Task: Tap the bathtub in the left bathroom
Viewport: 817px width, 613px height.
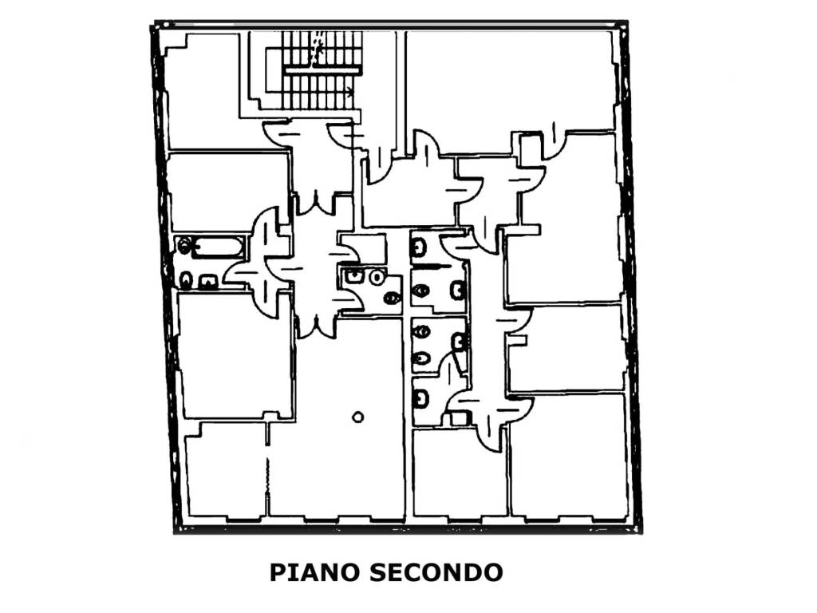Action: (215, 247)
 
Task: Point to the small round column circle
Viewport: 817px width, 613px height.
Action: (358, 416)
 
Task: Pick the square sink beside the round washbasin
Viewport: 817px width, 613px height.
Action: (353, 276)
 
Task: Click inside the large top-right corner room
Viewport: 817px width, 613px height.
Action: (511, 80)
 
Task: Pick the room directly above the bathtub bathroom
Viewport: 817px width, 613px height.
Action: (227, 192)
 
